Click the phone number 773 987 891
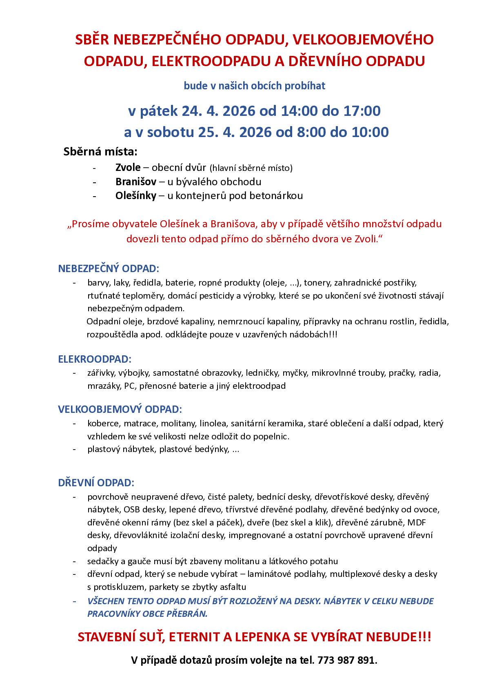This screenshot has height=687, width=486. click(346, 660)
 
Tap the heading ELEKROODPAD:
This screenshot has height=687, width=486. click(95, 359)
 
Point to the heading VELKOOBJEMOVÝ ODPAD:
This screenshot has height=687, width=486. click(120, 409)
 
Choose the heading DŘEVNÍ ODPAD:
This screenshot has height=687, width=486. click(96, 483)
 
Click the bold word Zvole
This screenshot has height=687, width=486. click(128, 167)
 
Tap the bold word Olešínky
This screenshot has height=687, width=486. click(135, 196)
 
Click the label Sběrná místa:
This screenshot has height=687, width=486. click(100, 152)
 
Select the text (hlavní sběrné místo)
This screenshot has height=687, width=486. click(251, 168)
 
